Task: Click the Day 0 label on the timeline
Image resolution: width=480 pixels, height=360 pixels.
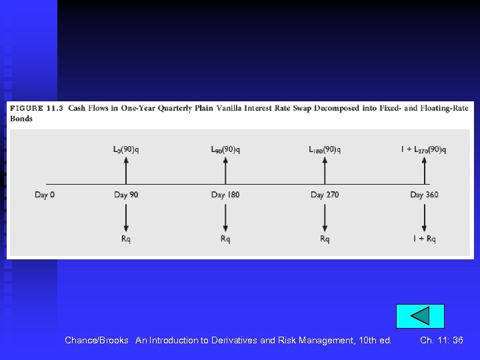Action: pos(45,195)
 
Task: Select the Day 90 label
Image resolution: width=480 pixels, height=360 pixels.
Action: pos(126,195)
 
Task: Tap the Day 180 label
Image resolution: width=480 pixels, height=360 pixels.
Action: pos(225,195)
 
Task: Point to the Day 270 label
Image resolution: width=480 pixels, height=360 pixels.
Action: pos(325,195)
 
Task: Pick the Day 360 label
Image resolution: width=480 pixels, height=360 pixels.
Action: pos(424,195)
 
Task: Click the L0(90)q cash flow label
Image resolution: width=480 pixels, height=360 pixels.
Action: pos(126,149)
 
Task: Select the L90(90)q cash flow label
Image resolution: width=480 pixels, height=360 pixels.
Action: pos(225,149)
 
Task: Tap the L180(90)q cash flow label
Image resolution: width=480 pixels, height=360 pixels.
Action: pos(325,149)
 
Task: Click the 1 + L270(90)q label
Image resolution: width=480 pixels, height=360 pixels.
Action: pos(423,149)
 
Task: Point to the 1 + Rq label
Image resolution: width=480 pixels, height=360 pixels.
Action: pos(424,239)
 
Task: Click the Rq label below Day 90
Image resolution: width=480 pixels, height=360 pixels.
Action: pos(126,239)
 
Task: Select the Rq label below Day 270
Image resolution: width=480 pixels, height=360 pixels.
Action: pos(325,239)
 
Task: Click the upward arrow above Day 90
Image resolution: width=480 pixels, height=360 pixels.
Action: pos(126,170)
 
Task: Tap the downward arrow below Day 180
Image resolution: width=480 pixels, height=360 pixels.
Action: pos(225,217)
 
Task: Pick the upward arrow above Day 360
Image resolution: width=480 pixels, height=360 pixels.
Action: pos(425,170)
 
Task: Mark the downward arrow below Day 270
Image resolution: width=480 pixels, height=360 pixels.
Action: pos(325,217)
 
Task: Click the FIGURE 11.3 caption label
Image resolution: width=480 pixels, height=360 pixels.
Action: pos(36,109)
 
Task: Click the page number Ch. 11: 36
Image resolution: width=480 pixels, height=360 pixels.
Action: pos(441,340)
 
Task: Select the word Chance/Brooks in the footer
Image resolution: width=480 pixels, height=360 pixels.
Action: pos(97,340)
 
